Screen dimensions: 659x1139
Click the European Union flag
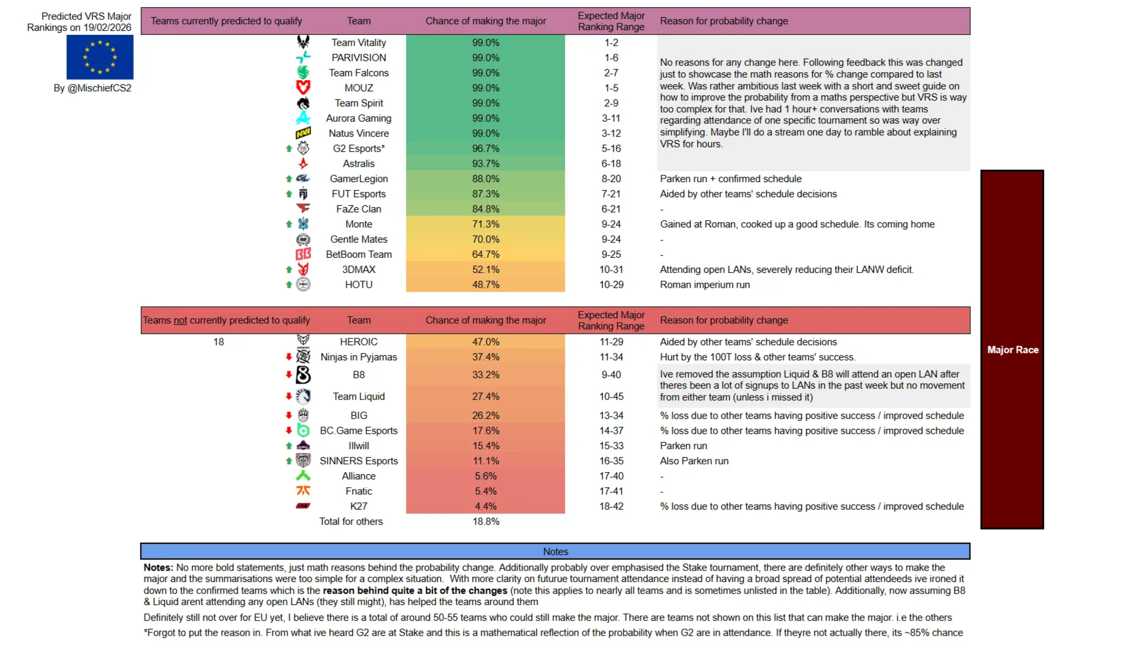(100, 57)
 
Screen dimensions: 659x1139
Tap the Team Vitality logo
(303, 42)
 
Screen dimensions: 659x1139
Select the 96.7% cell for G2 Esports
(485, 148)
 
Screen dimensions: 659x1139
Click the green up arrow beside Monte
(289, 224)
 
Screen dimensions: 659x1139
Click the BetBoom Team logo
(303, 254)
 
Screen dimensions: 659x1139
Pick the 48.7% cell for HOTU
(485, 284)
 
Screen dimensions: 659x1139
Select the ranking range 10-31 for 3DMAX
(611, 269)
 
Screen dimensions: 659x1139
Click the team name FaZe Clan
(359, 209)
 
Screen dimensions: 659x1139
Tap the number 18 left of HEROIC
(218, 342)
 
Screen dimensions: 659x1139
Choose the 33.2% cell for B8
(485, 375)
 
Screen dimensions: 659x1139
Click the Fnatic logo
(303, 491)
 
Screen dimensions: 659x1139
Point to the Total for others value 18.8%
(485, 521)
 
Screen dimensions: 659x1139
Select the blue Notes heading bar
(555, 552)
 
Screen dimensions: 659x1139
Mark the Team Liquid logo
(303, 396)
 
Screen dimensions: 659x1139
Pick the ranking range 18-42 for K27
(611, 506)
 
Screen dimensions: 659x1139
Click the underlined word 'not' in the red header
(180, 320)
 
